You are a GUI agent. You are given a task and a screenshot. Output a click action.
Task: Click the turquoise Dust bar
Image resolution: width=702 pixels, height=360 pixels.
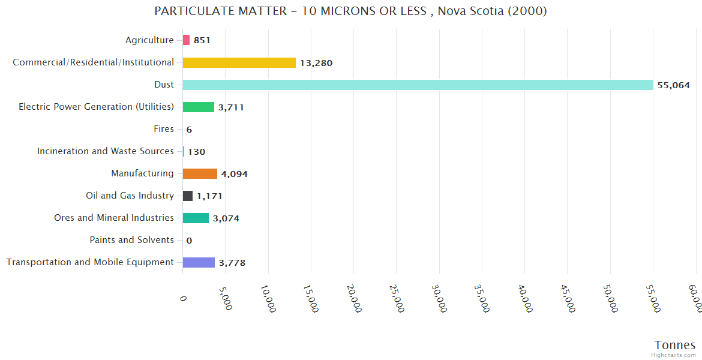pos(418,85)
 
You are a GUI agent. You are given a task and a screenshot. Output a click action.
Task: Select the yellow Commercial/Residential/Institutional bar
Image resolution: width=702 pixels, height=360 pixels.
pos(239,62)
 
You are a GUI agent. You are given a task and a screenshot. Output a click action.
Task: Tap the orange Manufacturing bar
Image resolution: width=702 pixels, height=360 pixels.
pos(200,173)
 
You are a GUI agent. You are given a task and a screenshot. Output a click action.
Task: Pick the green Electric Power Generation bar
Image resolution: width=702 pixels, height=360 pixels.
pos(198,107)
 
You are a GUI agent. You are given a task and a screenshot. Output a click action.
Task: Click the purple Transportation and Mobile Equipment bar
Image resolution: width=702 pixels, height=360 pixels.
pos(199,262)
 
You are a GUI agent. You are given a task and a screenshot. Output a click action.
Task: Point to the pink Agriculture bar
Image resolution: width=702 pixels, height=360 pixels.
pos(186,40)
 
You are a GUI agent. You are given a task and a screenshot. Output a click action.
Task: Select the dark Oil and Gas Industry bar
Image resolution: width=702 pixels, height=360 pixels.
pos(188,196)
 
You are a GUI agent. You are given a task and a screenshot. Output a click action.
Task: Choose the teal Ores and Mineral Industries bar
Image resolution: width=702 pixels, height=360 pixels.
pos(196,218)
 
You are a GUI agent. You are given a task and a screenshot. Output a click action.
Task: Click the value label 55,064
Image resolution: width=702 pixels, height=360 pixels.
pos(673,85)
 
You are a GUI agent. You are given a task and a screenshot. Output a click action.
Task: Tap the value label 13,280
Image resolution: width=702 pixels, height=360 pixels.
pos(316,63)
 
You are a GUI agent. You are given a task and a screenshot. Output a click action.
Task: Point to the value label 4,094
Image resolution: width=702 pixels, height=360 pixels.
pos(234,174)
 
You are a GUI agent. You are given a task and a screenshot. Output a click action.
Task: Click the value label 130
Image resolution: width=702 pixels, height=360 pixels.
pos(196,152)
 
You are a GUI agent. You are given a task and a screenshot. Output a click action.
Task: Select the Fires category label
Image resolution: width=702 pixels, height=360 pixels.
pos(164,129)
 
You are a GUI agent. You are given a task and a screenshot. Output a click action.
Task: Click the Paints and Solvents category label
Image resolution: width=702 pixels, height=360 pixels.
pos(131,240)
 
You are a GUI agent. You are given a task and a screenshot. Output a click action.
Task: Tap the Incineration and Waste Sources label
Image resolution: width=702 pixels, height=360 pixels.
pos(106,151)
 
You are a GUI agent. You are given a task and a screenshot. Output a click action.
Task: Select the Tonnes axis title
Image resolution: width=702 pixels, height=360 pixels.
pos(674,345)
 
